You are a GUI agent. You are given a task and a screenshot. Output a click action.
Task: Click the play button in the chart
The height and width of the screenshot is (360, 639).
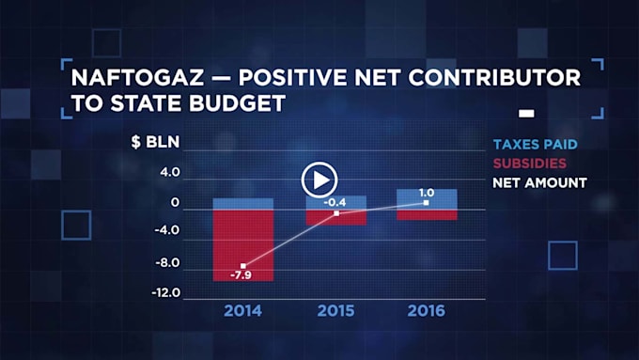pyautogui.click(x=319, y=180)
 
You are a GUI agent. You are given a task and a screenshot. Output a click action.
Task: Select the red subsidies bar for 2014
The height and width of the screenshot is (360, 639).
pyautogui.click(x=243, y=245)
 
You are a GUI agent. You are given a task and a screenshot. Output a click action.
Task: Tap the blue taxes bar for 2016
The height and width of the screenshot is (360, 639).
pyautogui.click(x=427, y=199)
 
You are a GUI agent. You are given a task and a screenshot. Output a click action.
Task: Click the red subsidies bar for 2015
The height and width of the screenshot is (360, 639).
pyautogui.click(x=336, y=217)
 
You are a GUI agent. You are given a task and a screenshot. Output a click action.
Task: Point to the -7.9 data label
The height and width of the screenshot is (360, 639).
pyautogui.click(x=241, y=275)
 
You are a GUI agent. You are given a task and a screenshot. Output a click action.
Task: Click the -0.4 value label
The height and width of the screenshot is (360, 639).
pyautogui.click(x=335, y=202)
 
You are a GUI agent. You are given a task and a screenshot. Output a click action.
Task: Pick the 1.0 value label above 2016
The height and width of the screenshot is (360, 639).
pyautogui.click(x=427, y=193)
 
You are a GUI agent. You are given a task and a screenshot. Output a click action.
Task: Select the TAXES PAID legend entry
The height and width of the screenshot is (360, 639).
pyautogui.click(x=536, y=145)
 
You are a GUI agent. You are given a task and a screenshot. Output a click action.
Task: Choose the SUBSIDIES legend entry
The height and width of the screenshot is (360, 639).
pyautogui.click(x=530, y=164)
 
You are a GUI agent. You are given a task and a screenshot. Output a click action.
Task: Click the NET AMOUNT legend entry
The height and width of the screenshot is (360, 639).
pyautogui.click(x=540, y=182)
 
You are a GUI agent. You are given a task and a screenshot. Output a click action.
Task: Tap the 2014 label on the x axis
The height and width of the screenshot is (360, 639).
pyautogui.click(x=242, y=311)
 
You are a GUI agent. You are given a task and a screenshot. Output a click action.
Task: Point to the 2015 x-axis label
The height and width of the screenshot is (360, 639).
pyautogui.click(x=335, y=311)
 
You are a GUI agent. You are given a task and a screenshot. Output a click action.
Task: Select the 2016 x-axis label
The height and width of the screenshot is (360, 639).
pyautogui.click(x=427, y=311)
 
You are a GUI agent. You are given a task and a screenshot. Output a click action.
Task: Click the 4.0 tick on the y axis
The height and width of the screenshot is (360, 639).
pyautogui.click(x=170, y=172)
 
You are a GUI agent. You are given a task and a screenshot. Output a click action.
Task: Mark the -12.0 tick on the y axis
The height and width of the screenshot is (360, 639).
pyautogui.click(x=166, y=292)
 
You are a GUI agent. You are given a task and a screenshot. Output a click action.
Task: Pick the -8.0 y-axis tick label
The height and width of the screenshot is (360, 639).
pyautogui.click(x=167, y=262)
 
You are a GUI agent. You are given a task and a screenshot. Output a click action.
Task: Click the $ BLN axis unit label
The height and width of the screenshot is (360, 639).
pyautogui.click(x=155, y=142)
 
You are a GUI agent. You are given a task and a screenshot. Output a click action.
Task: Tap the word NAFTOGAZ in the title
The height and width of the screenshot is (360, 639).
pyautogui.click(x=137, y=77)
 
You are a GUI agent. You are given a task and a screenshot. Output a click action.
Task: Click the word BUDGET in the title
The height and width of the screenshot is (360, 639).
pyautogui.click(x=237, y=102)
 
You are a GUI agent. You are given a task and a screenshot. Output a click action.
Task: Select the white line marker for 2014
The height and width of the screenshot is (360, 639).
pyautogui.click(x=243, y=266)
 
